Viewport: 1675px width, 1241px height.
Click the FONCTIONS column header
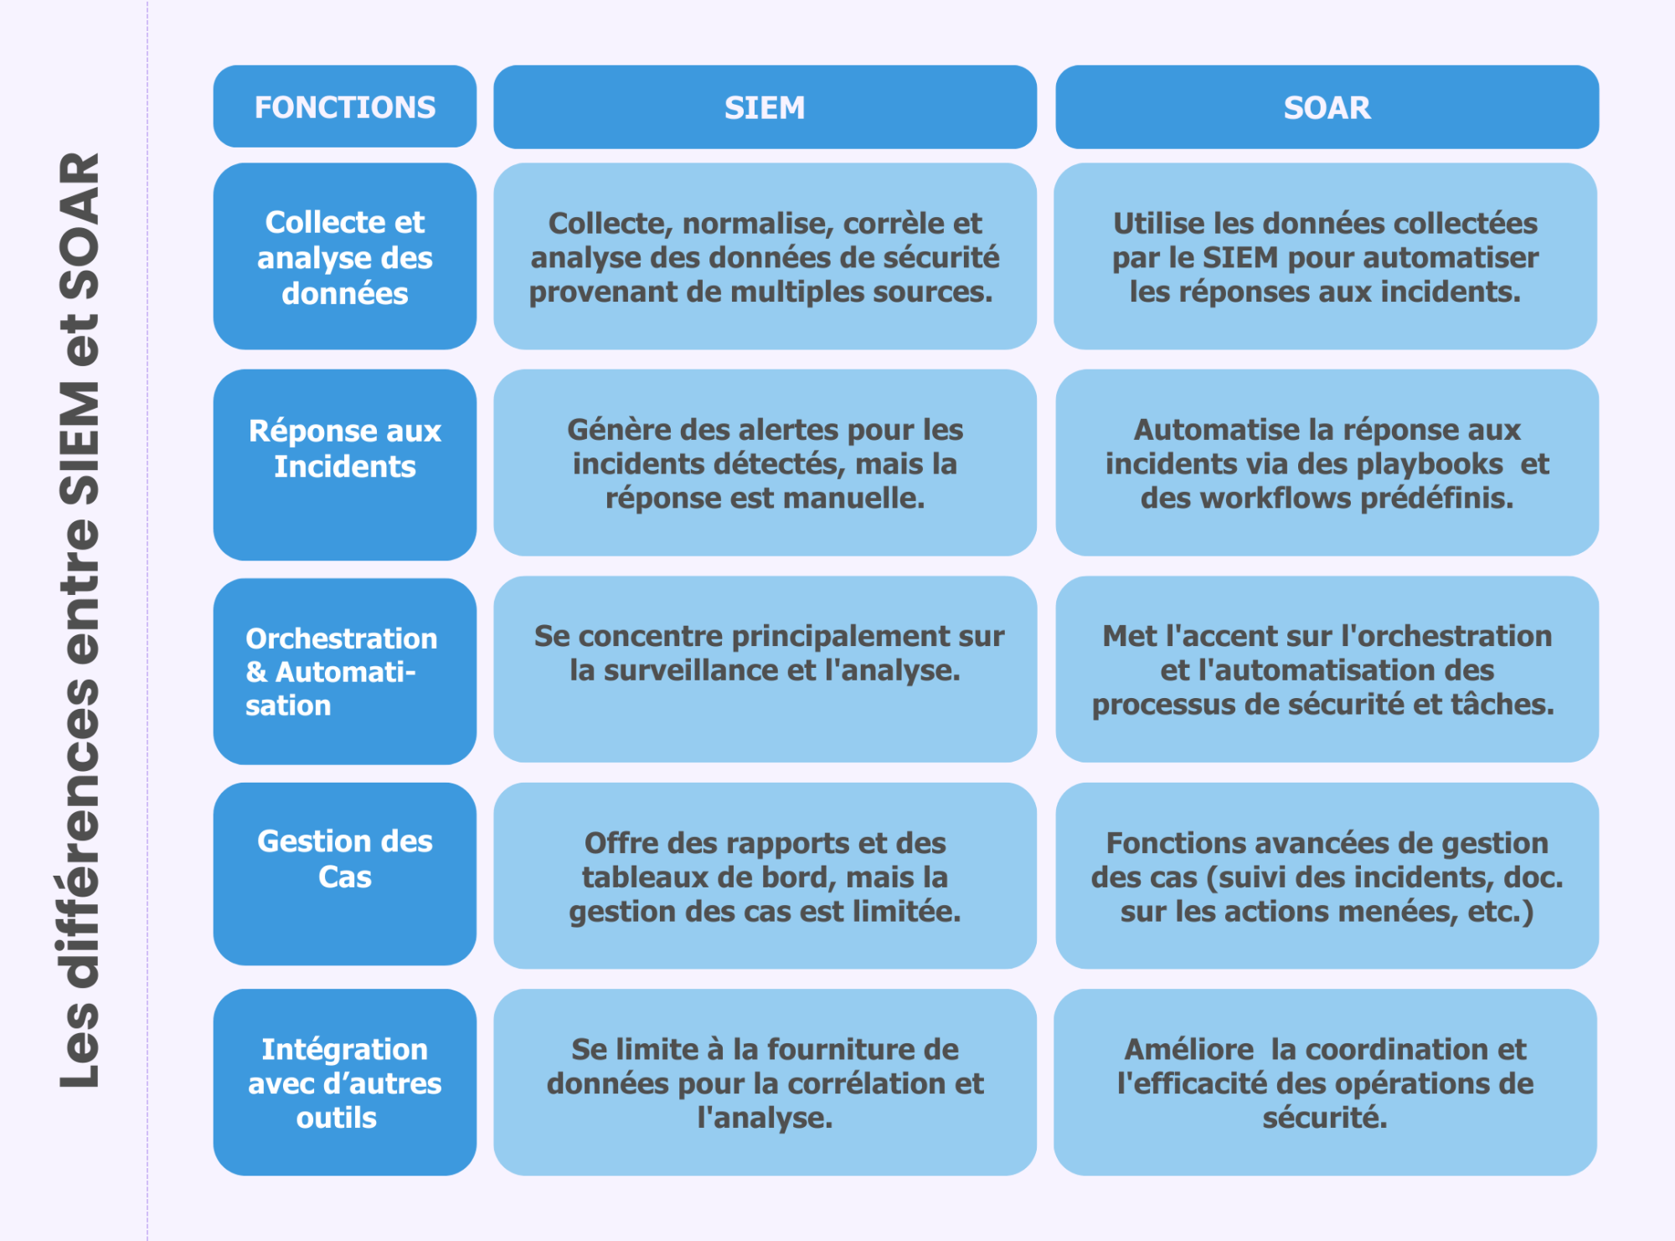(345, 107)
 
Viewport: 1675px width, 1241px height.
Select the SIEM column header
(765, 107)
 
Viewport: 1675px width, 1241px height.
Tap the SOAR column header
(1327, 107)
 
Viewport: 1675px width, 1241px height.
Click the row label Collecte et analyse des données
(345, 257)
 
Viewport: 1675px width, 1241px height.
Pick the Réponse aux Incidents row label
(345, 448)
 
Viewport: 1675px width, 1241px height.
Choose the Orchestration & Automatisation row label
(341, 671)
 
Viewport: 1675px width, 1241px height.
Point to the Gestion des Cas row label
(345, 859)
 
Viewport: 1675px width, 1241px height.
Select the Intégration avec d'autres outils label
(345, 1083)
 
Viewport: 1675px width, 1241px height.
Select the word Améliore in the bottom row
(1188, 1049)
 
